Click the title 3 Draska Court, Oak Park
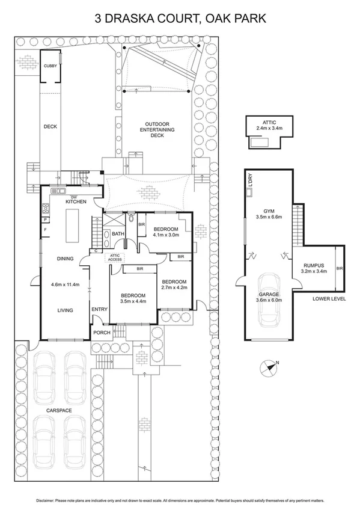(x=180, y=19)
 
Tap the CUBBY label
(x=50, y=66)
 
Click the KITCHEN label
(x=75, y=203)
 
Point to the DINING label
(x=65, y=259)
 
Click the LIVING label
(x=65, y=310)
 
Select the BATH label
(x=118, y=234)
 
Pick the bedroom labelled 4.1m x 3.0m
(x=165, y=232)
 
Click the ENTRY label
(x=99, y=310)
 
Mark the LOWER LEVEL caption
(x=329, y=299)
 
